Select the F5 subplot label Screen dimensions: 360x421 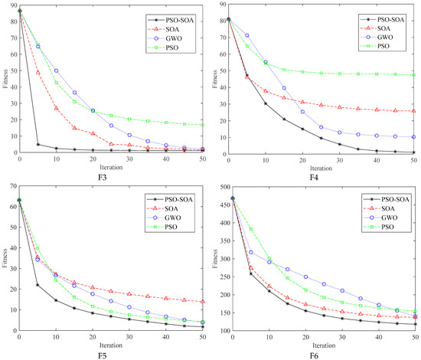click(111, 353)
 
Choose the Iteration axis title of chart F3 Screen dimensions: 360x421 click(111, 166)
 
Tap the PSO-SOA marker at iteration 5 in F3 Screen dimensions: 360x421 click(38, 144)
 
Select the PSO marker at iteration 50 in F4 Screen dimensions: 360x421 click(414, 75)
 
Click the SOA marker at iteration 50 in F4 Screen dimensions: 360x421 click(414, 111)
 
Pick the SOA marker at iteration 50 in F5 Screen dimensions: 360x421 click(202, 302)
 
